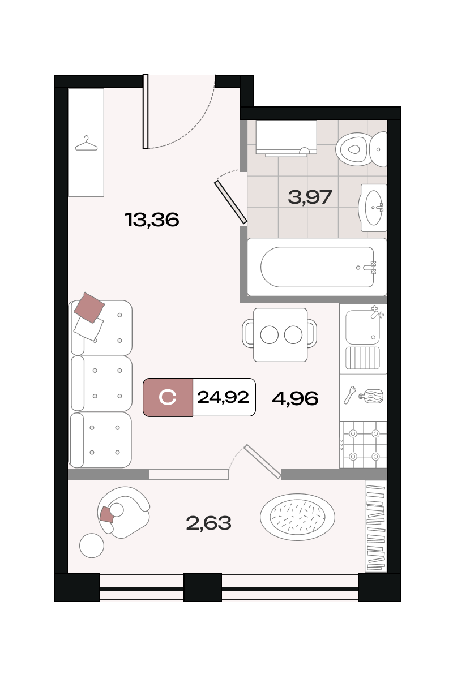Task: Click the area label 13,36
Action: pos(152,220)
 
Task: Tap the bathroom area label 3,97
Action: pos(310,197)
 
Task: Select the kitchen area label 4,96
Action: pos(295,398)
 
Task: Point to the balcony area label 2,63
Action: pos(208,523)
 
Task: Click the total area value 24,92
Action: pos(223,397)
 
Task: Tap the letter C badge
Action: pos(168,397)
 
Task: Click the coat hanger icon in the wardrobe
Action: pos(86,143)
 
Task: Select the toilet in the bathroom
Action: pos(361,149)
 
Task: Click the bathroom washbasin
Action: pos(373,208)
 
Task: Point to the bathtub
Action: pos(317,267)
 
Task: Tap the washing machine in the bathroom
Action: pos(287,138)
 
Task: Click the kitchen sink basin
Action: pos(363,327)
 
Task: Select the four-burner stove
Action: pos(363,444)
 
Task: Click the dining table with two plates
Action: pos(280,334)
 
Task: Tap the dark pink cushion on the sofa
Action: pos(89,307)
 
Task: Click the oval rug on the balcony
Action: pos(297,517)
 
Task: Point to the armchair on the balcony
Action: pos(123,512)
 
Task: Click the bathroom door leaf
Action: pos(230,202)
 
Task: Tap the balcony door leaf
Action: pos(262,461)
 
